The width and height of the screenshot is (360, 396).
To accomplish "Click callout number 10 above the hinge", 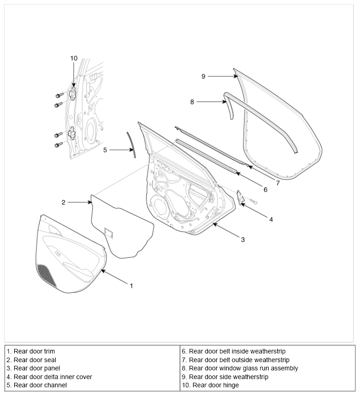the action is point(74,59).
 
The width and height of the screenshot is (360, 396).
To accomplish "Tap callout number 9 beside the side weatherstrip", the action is point(203,76).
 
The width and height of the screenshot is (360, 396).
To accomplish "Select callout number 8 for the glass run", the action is point(192,102).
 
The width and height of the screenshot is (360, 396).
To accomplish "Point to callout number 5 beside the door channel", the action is point(105,150).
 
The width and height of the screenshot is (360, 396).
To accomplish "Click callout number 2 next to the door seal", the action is point(64,202).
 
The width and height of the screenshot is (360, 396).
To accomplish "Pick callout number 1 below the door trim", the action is point(131,286).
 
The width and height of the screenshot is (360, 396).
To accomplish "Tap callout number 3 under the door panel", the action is point(243,240).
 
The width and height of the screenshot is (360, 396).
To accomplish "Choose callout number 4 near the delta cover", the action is point(271,219).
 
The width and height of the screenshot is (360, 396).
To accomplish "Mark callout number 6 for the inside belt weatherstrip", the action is point(265,189).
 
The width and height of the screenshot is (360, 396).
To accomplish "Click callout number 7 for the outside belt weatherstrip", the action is point(278,183).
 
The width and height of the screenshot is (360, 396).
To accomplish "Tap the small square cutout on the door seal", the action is point(109,232).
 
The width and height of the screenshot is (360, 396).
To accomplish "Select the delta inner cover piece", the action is point(240,197).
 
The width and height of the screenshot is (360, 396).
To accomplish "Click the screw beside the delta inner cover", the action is point(254,201).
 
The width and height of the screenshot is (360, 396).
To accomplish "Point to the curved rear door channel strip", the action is point(131,145).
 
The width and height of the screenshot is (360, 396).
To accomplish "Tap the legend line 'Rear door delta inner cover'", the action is point(49,377).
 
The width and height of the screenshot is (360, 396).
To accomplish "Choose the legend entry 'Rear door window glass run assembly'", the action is point(240,368).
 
